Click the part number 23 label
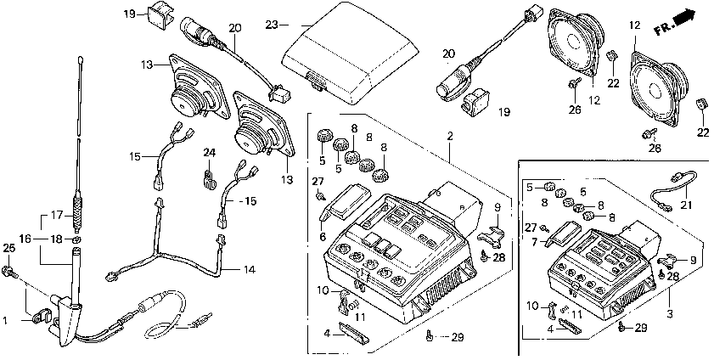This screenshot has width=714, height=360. (272, 25)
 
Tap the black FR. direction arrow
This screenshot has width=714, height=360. (685, 19)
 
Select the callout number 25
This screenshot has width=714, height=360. (9, 248)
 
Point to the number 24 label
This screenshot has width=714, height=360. (209, 152)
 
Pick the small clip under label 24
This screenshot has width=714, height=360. (209, 178)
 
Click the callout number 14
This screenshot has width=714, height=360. (249, 269)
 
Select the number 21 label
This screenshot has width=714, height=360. (686, 205)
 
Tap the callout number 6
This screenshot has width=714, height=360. (323, 237)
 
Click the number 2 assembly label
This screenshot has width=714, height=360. (450, 136)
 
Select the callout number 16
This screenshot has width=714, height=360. (25, 238)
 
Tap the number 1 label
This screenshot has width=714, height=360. (5, 321)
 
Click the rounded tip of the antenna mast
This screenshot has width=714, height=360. (81, 59)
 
